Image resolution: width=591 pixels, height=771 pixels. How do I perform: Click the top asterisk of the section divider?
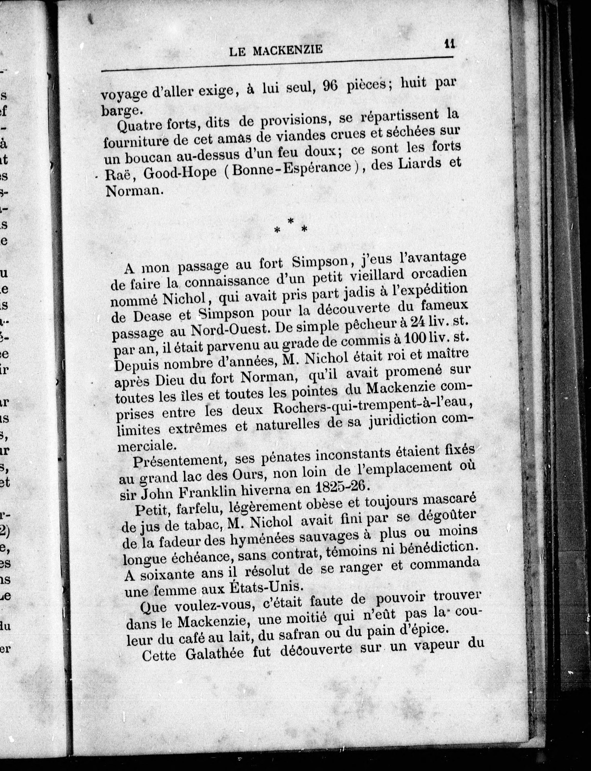pos(291,221)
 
